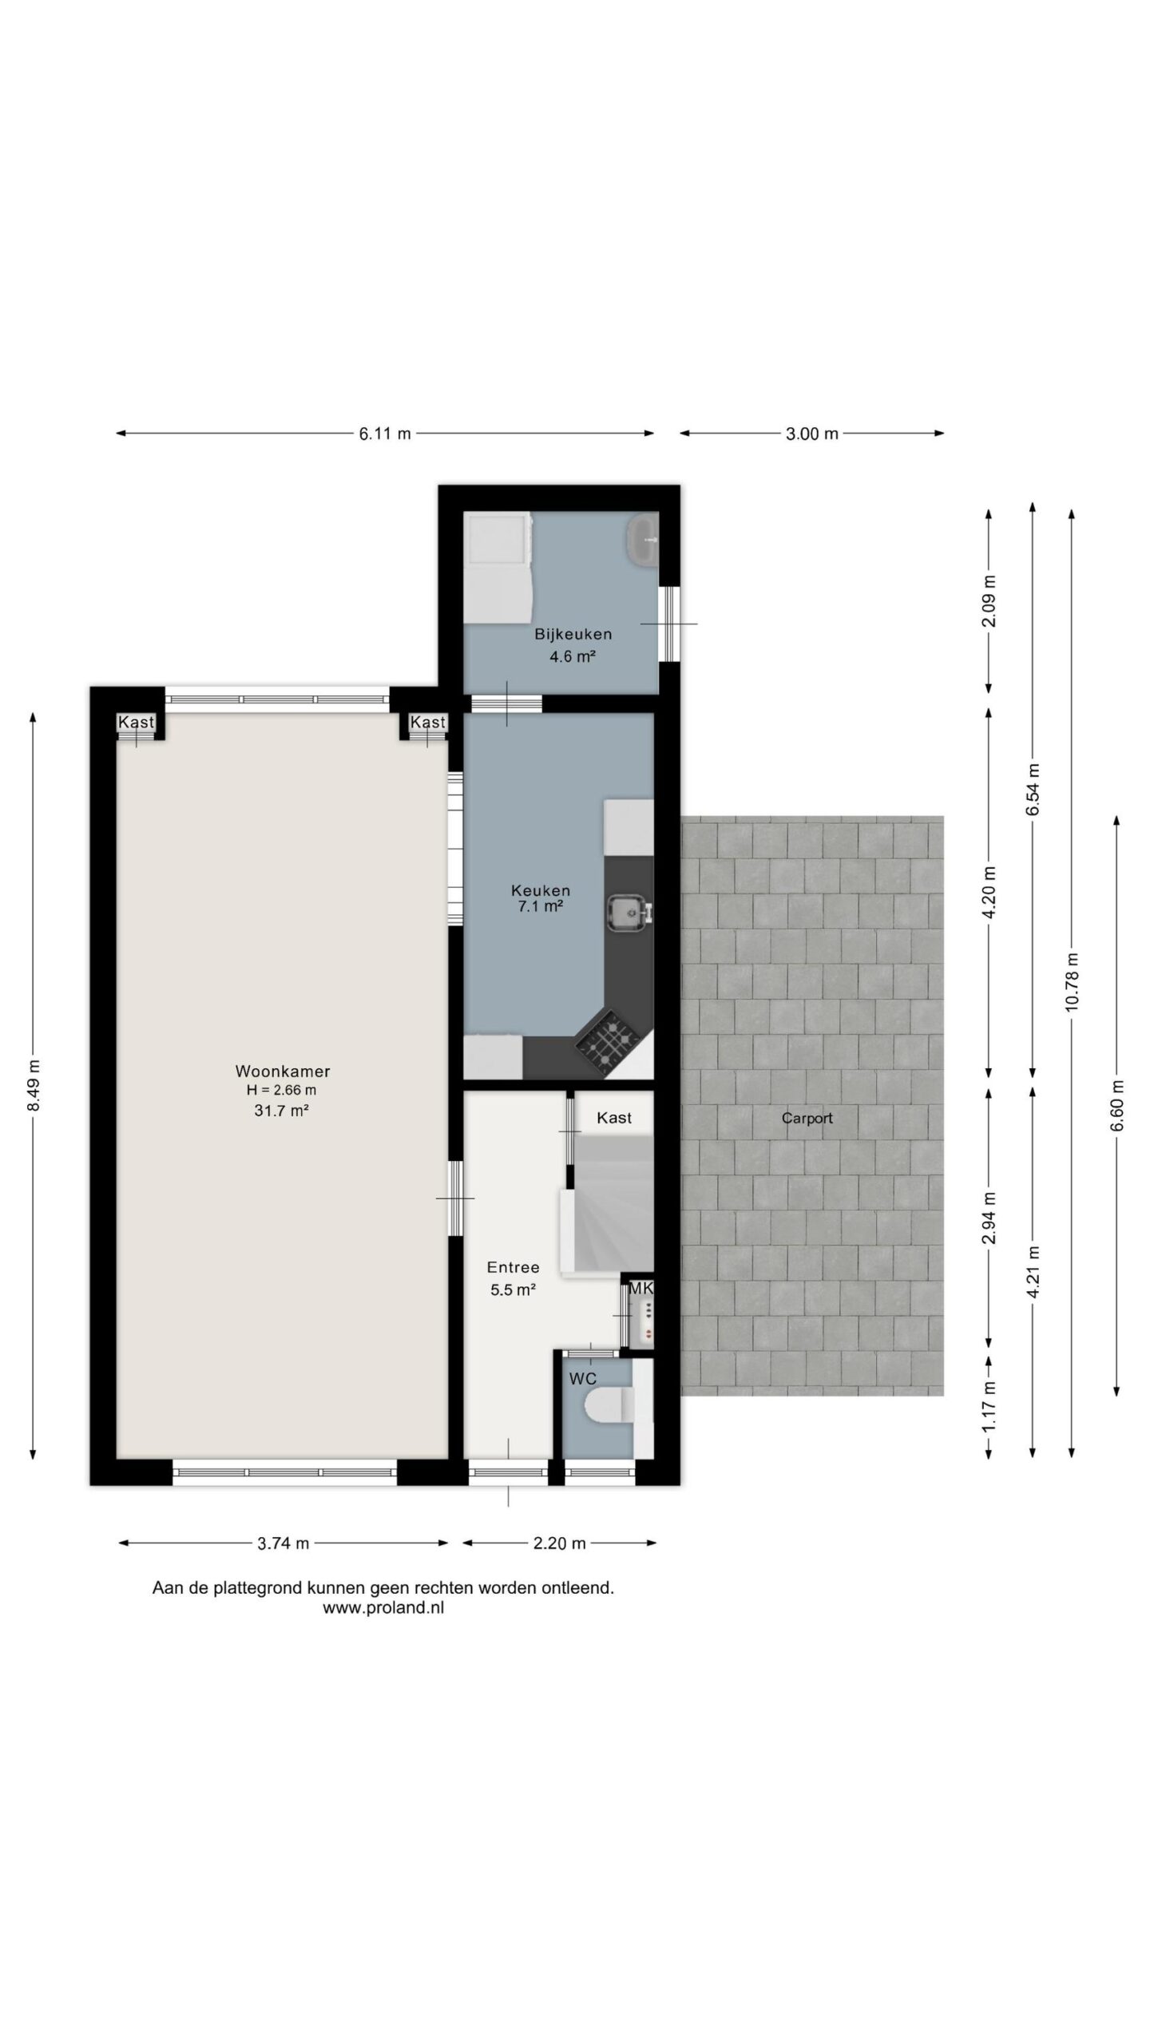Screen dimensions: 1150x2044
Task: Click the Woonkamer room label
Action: click(282, 1071)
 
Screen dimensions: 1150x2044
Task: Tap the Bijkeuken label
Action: click(573, 634)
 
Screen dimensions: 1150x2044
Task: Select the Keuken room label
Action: click(541, 890)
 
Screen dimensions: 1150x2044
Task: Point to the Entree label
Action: click(513, 1267)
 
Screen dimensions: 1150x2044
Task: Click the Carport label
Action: click(807, 1118)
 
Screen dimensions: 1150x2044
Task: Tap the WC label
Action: click(582, 1379)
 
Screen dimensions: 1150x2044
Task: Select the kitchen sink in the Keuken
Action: click(629, 913)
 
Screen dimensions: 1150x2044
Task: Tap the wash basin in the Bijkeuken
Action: click(642, 540)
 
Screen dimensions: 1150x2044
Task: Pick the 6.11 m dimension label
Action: click(385, 434)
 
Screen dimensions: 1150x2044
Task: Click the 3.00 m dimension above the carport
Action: click(812, 434)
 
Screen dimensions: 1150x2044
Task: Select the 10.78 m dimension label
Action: click(1072, 981)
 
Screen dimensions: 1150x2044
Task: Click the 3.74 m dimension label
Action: click(283, 1543)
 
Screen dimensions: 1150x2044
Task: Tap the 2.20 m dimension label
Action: click(559, 1543)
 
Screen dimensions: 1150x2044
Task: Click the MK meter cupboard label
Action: click(641, 1288)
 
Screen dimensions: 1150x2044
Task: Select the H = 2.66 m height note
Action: click(282, 1090)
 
